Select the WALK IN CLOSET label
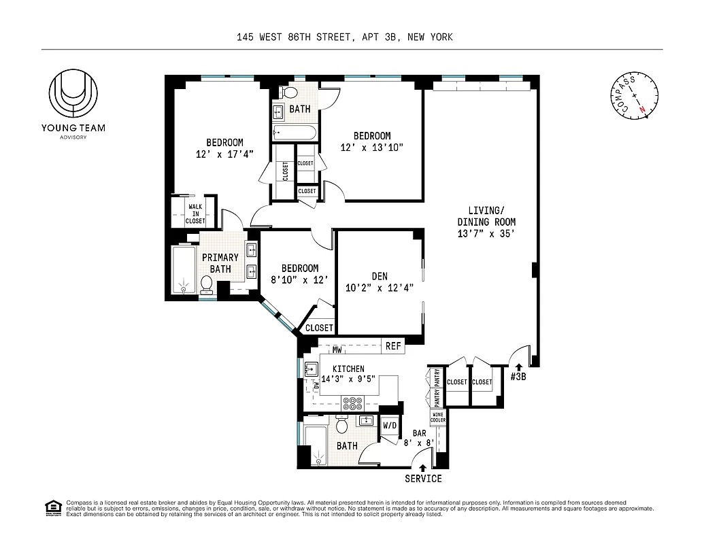tap(195, 214)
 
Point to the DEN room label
tap(380, 276)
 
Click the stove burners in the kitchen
tap(354, 401)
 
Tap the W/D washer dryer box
tap(390, 426)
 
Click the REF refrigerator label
tap(393, 346)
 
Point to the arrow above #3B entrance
tap(519, 368)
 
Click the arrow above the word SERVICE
tap(423, 468)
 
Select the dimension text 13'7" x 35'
tap(486, 234)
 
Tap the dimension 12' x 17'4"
tap(224, 154)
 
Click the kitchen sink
tap(311, 369)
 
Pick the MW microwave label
tap(337, 350)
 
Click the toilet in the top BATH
tap(289, 92)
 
